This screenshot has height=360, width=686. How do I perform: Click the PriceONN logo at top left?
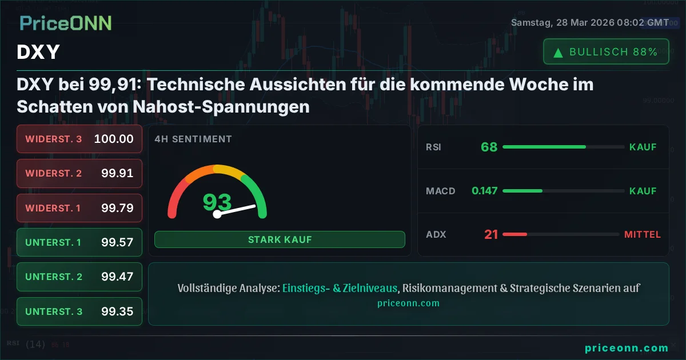(x=66, y=23)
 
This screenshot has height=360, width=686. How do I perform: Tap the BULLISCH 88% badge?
(x=606, y=52)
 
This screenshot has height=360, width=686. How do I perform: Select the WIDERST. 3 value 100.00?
(x=114, y=139)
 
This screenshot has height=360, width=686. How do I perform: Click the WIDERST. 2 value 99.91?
(x=117, y=173)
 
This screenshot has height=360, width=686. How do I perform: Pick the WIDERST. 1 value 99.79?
(x=117, y=208)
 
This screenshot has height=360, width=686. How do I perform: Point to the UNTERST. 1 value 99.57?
(x=117, y=242)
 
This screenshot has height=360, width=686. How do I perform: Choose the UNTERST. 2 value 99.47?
(x=117, y=277)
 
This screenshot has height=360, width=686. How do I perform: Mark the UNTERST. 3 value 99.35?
(x=117, y=311)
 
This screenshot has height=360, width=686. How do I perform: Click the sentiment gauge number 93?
(x=217, y=202)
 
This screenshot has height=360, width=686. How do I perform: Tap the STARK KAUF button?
(x=280, y=239)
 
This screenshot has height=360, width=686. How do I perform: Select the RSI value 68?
(x=489, y=147)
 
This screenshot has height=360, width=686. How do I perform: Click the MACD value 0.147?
(x=484, y=191)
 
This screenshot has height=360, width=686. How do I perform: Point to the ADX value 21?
(x=491, y=234)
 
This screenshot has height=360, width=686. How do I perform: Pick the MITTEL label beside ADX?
(x=642, y=234)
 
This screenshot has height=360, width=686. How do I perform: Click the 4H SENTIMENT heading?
(x=193, y=139)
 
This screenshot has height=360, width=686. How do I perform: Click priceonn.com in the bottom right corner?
(x=627, y=347)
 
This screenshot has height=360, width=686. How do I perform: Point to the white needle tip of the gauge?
(x=254, y=206)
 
